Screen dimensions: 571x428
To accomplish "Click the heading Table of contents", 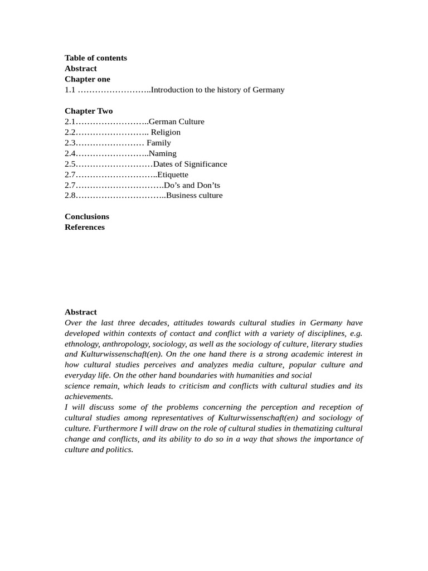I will (95, 58).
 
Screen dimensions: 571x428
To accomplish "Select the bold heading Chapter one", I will (87, 79).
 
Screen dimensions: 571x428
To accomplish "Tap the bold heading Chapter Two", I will (89, 111).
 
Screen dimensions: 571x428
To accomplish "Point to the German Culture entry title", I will (177, 122).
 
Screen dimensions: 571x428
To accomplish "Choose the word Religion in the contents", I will (166, 132).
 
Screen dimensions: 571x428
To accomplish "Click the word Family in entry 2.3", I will (159, 143).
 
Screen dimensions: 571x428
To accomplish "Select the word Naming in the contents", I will (163, 153).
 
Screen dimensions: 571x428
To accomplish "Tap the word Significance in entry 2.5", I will (204, 164).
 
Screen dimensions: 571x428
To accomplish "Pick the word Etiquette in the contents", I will (174, 175).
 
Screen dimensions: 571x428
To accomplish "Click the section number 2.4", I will (70, 153).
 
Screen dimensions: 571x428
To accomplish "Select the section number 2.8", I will (70, 196).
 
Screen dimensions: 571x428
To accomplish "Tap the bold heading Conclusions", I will (87, 216).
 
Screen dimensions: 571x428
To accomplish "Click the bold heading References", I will (85, 227).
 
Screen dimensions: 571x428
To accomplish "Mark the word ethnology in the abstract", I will (82, 343).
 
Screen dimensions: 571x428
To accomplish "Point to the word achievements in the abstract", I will (89, 396).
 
